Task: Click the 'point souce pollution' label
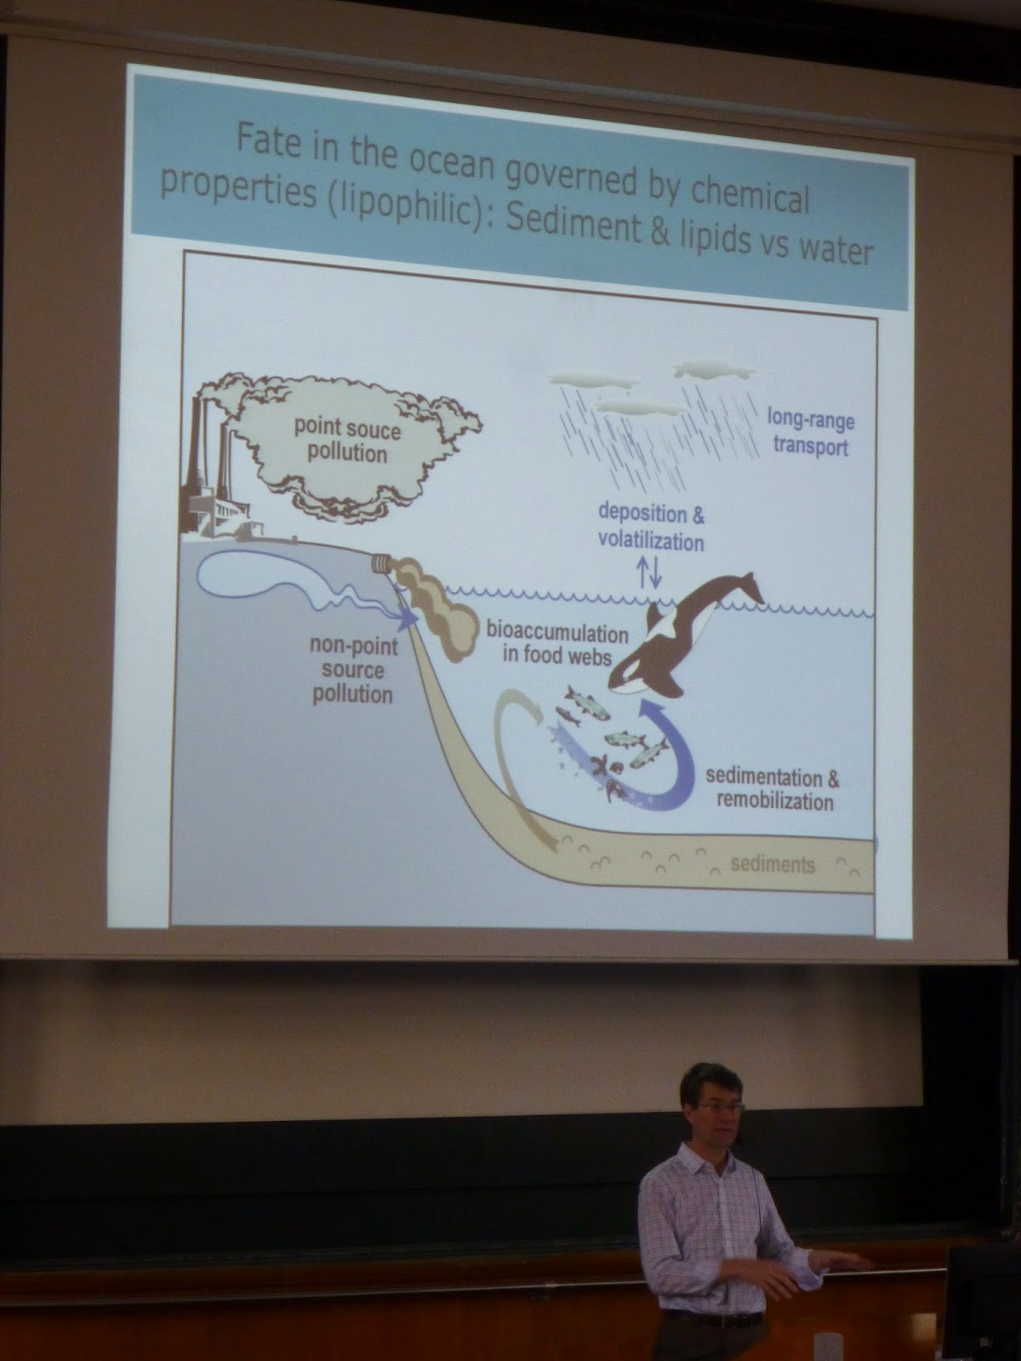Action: coord(347,441)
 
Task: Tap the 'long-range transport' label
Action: coord(811,434)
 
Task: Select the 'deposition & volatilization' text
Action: coord(651,527)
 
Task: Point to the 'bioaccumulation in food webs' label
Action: coord(556,645)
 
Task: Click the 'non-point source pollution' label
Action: coord(353,670)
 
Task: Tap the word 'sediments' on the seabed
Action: coord(773,864)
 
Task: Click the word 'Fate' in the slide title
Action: coord(268,142)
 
